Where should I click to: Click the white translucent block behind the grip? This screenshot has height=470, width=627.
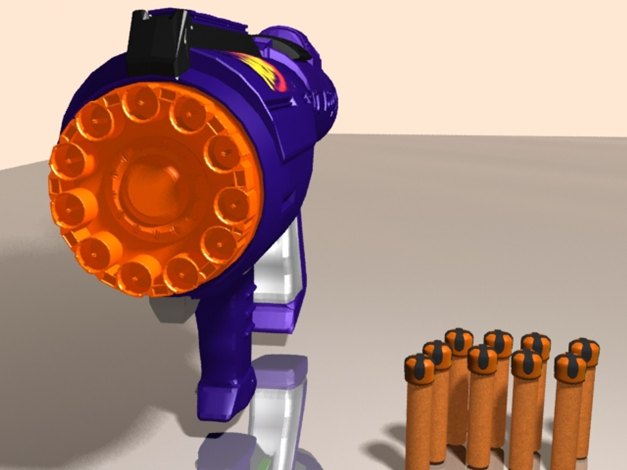[x=279, y=270]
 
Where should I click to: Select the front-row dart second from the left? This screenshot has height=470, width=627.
[x=482, y=359]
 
